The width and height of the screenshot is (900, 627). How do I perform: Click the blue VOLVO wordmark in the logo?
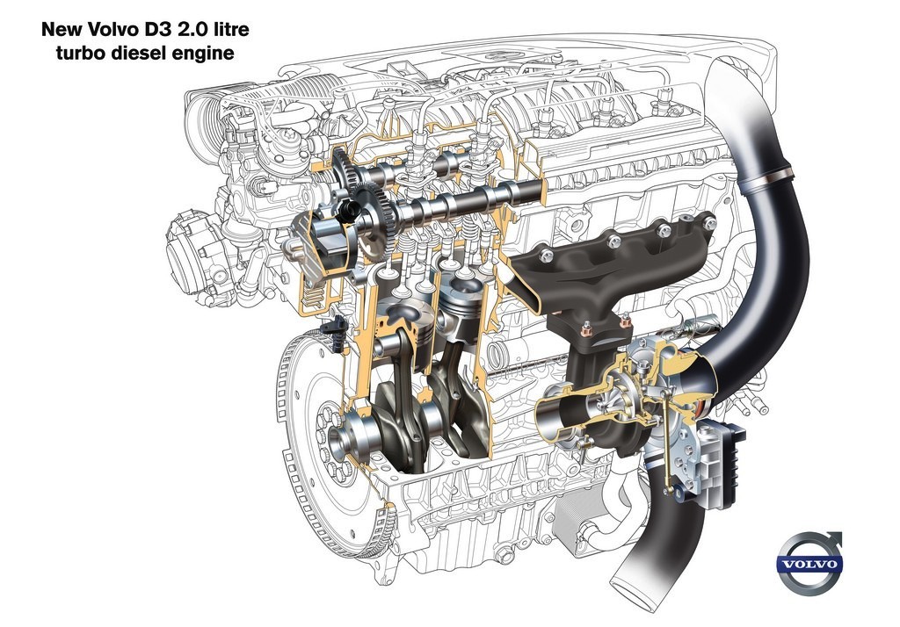coord(809,563)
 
